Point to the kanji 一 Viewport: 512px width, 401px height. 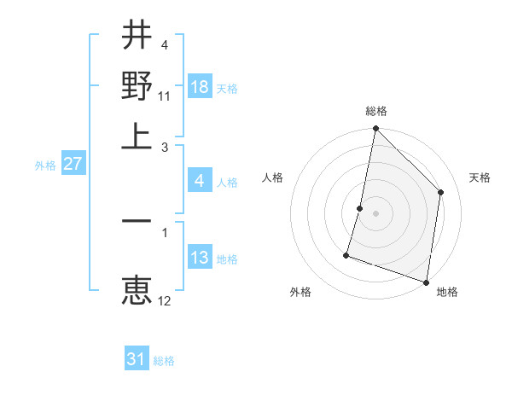click(137, 220)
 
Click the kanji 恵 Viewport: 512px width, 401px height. click(137, 290)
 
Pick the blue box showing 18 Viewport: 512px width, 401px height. click(200, 87)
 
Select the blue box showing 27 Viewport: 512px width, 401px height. click(73, 164)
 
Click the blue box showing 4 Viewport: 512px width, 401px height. click(200, 181)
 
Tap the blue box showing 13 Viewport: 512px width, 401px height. click(200, 258)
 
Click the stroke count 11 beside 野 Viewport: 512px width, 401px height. click(165, 95)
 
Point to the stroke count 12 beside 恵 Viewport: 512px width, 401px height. click(165, 299)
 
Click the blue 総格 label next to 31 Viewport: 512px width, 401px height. click(164, 361)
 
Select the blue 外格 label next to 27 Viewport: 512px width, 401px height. click(45, 166)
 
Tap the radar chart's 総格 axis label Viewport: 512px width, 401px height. click(375, 112)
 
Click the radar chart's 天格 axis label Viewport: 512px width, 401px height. click(480, 177)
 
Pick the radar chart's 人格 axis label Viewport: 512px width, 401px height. click(272, 177)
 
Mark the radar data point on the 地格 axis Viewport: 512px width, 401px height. click(427, 282)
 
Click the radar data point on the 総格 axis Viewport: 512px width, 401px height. click(375, 130)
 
